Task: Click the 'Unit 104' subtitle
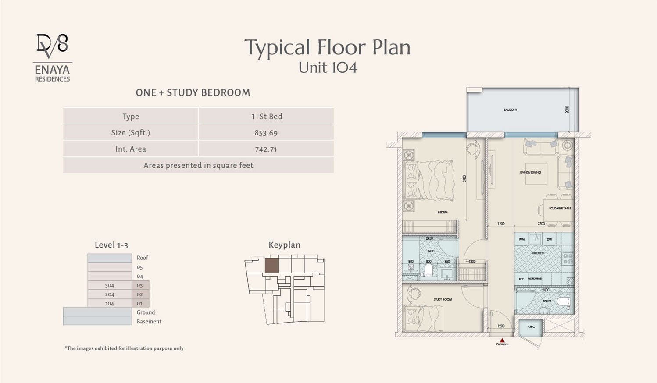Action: click(328, 68)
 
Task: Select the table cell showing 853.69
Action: click(266, 133)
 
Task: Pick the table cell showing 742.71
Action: click(266, 149)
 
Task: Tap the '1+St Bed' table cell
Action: click(266, 117)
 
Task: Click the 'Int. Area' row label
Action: click(131, 149)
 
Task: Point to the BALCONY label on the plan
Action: click(510, 110)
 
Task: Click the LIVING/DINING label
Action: click(530, 172)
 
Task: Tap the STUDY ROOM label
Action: click(443, 299)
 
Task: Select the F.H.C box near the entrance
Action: click(531, 326)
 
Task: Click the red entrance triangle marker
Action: click(502, 340)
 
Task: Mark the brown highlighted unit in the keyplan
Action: click(271, 266)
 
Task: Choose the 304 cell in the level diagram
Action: click(110, 285)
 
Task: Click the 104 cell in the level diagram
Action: click(110, 303)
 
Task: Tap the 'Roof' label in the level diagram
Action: click(143, 258)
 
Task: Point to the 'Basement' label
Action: click(149, 321)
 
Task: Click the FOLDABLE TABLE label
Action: click(560, 208)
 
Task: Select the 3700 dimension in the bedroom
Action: click(464, 178)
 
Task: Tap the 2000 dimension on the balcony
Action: click(567, 110)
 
